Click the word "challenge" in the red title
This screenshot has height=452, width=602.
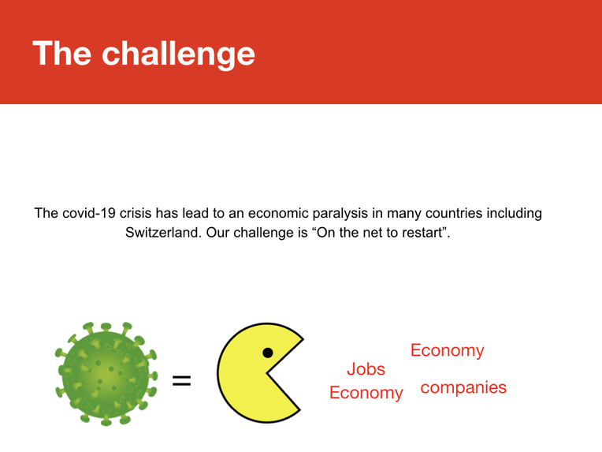point(178,54)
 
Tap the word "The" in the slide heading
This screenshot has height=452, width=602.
point(61,53)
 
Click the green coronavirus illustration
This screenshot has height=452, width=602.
point(106,374)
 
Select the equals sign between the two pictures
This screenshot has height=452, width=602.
point(181,380)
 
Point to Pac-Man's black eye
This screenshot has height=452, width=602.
point(268,353)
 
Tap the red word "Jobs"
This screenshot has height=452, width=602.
point(366,369)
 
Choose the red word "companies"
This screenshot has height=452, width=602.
point(463,388)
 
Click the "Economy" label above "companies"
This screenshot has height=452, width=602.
point(448,350)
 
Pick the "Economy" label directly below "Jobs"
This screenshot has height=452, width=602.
point(366,393)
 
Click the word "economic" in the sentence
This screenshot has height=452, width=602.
point(278,213)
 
